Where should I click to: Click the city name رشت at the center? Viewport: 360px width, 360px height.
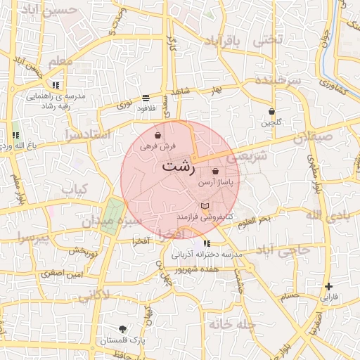point(179,167)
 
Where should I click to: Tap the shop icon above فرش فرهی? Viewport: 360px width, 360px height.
point(159,136)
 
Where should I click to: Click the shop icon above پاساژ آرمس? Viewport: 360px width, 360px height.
point(215,171)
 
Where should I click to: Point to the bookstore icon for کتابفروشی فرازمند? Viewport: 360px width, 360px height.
point(205,206)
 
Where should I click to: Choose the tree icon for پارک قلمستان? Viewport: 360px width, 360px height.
point(124,329)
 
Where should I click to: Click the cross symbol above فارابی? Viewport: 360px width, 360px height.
point(328,286)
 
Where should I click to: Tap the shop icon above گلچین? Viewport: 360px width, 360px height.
point(271,111)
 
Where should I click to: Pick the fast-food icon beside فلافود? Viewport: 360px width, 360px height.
point(145,98)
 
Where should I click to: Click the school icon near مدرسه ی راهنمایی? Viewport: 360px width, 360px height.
point(56,85)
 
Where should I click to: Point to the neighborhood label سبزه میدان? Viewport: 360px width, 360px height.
point(112,220)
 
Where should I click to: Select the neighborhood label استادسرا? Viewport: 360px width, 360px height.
point(89,134)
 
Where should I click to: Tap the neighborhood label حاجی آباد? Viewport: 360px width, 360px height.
point(282,251)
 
